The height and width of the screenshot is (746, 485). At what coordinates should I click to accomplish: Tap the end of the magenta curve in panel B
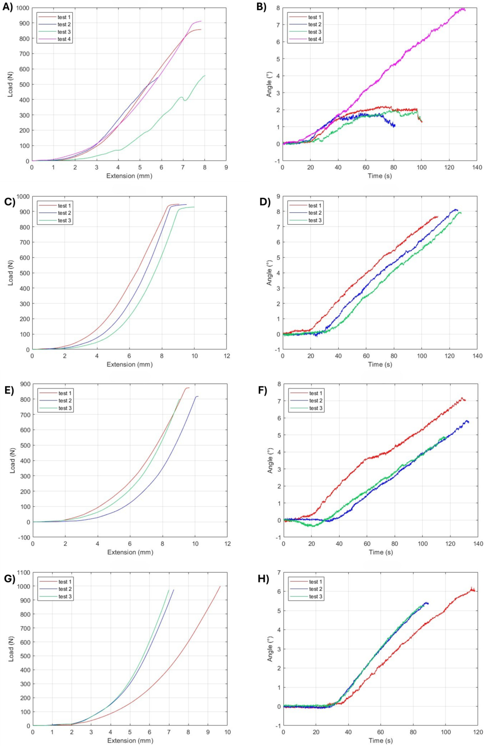point(465,10)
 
